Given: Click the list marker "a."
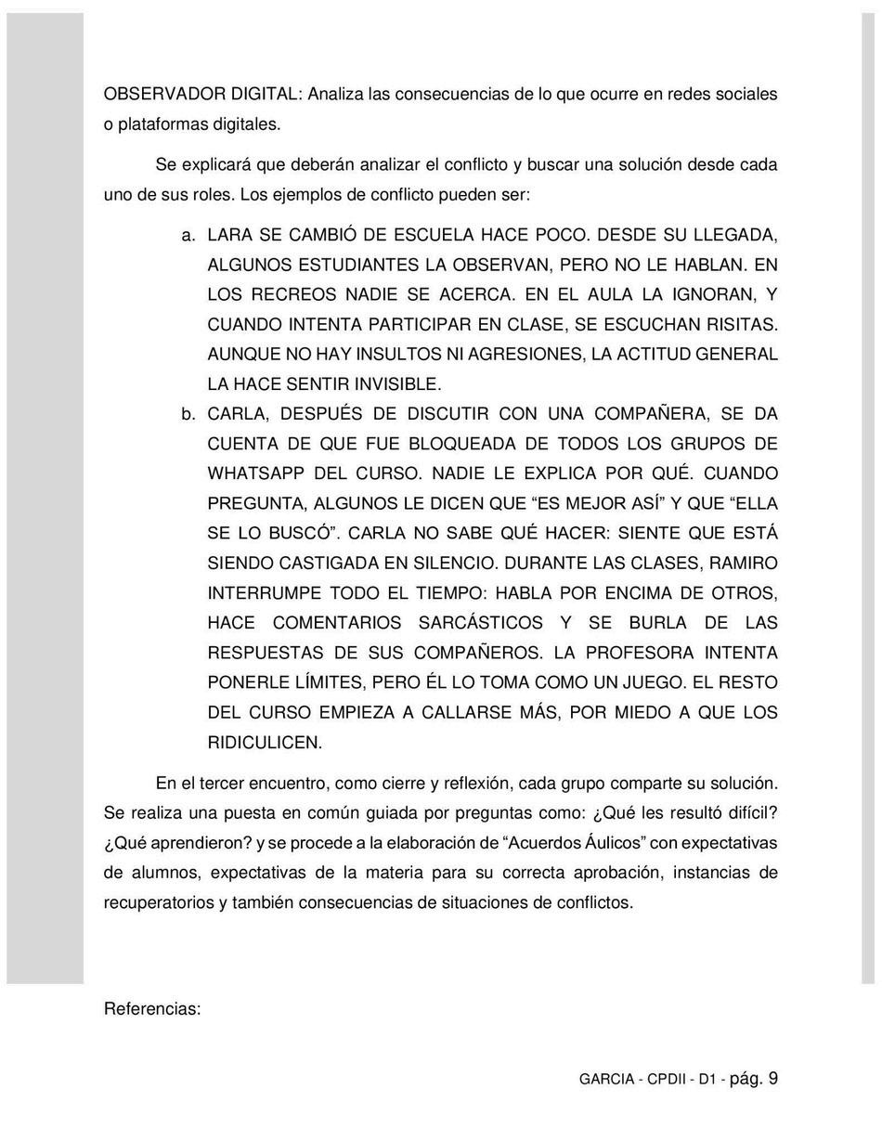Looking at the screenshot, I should pyautogui.click(x=188, y=234).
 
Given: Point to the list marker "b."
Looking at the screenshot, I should pyautogui.click(x=188, y=413).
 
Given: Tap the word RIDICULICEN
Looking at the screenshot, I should pyautogui.click(x=265, y=742).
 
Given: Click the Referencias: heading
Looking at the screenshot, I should pyautogui.click(x=152, y=1009).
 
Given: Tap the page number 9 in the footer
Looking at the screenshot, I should pyautogui.click(x=772, y=1079).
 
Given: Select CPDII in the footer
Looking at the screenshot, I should pyautogui.click(x=668, y=1080).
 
